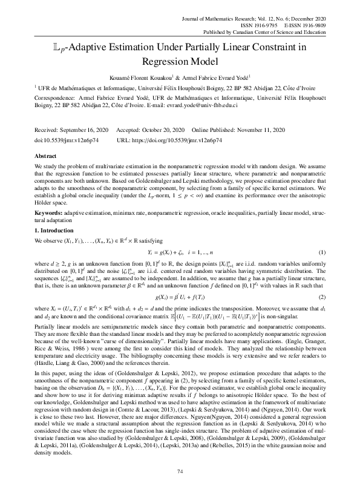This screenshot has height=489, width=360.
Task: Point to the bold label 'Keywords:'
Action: (x=48, y=214)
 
